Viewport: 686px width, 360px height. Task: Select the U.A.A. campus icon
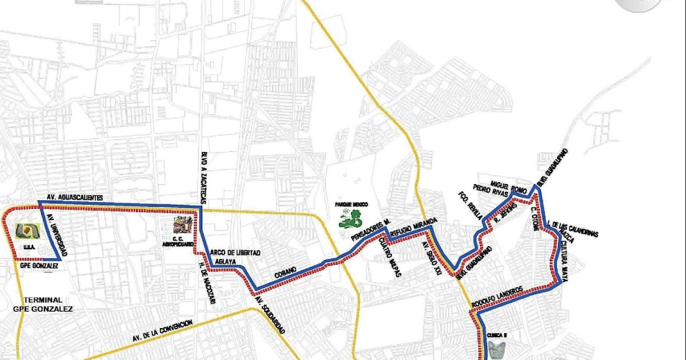(x=26, y=231)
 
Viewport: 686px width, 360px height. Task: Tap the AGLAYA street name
(x=224, y=261)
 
